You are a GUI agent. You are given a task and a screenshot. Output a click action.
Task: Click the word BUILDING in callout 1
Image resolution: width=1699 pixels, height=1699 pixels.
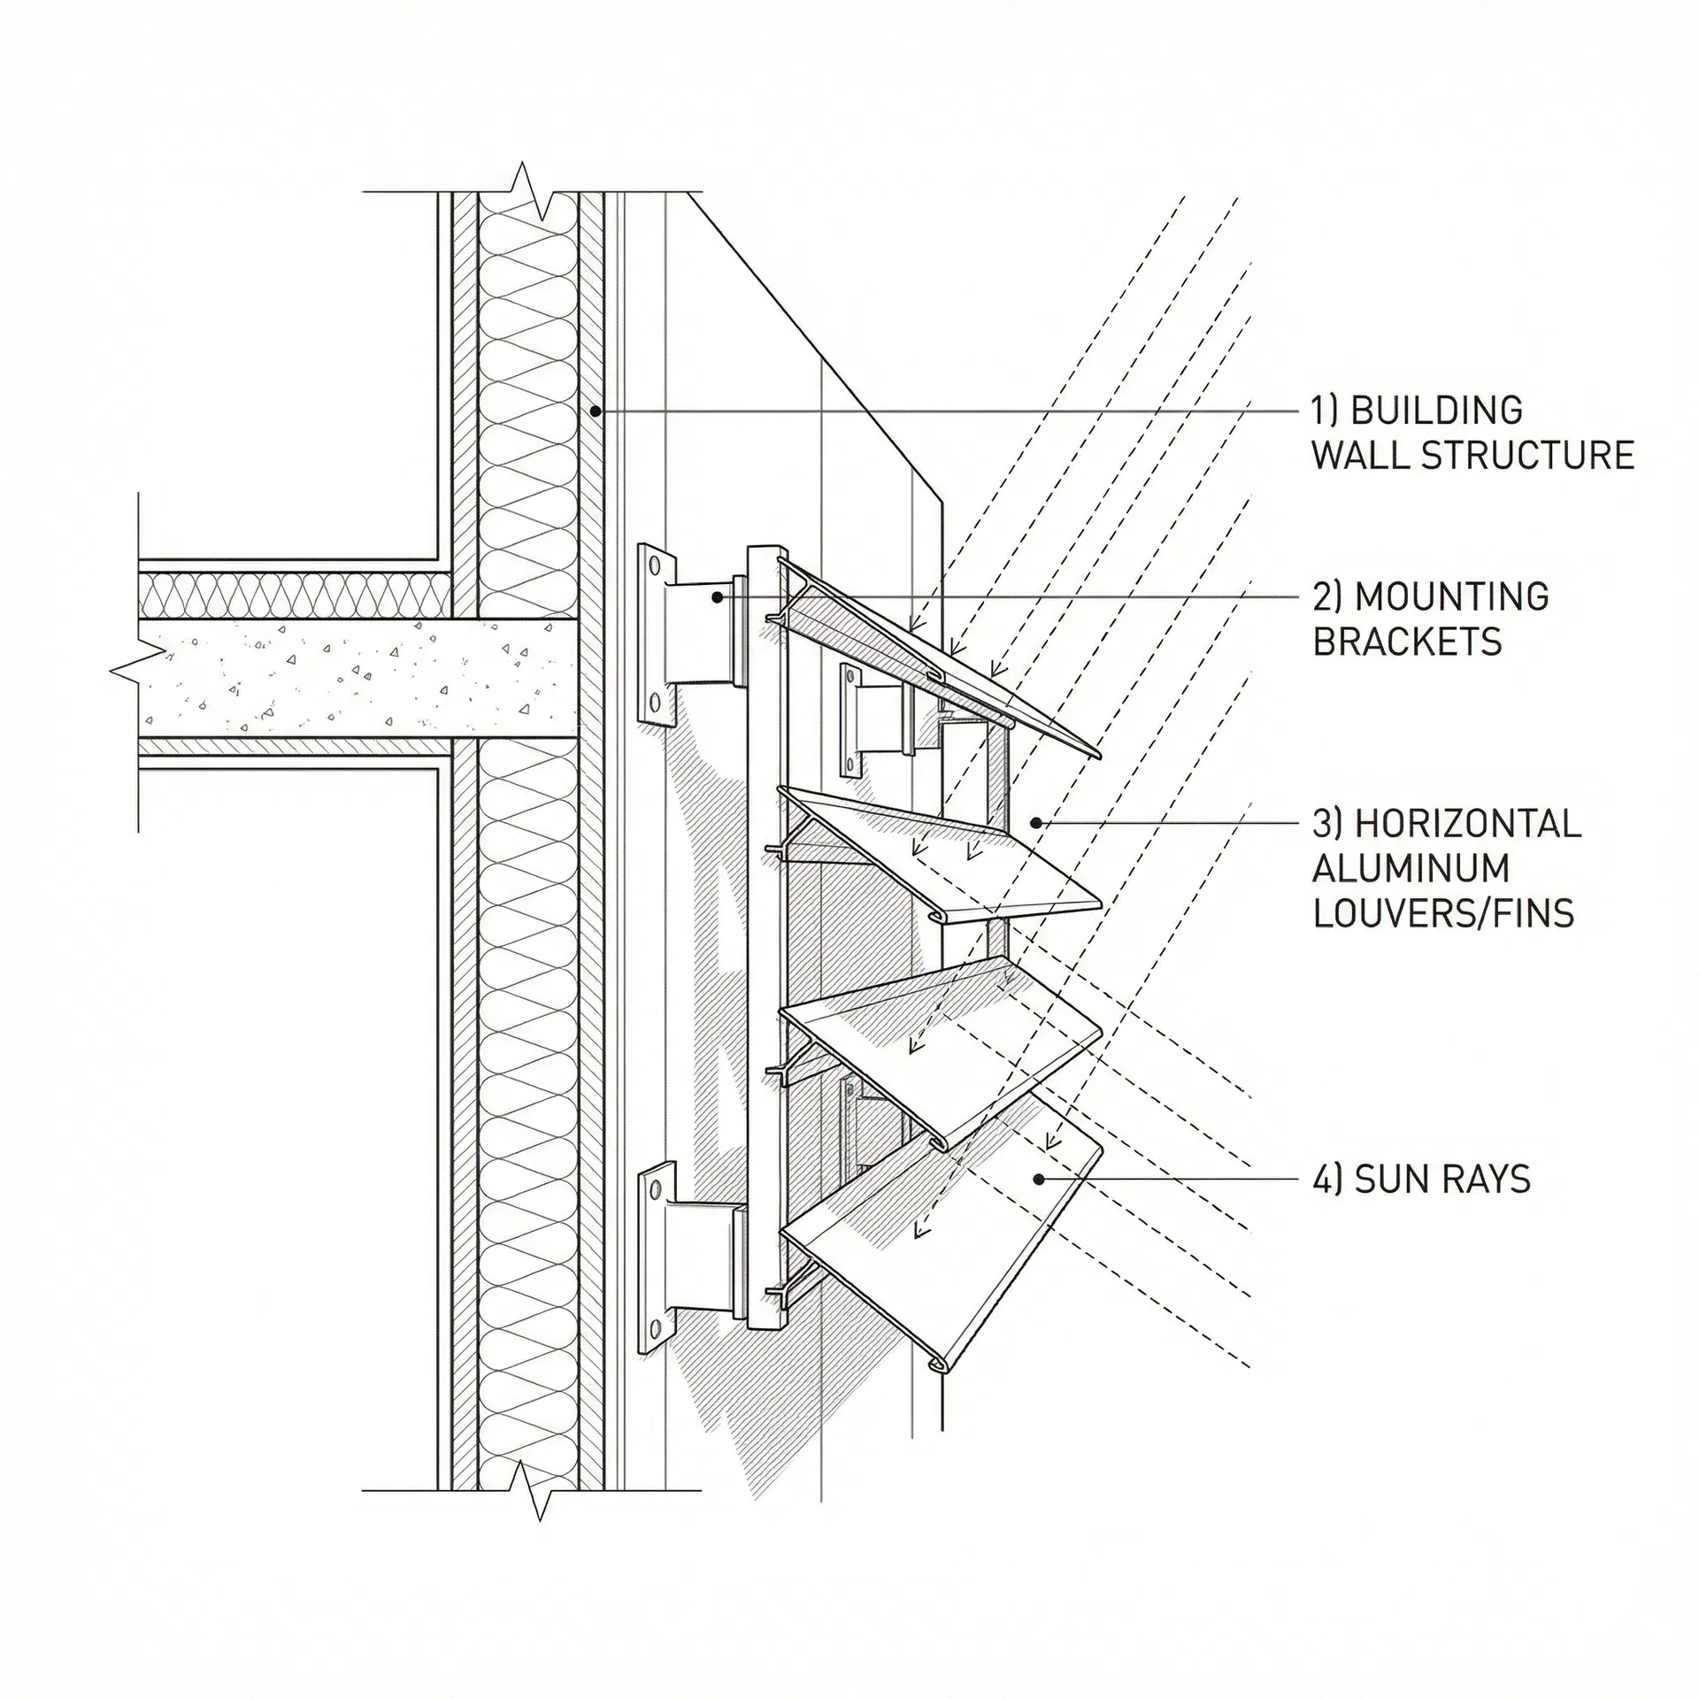coord(1438,411)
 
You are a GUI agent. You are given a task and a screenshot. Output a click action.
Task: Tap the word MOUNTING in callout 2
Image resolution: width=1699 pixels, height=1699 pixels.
coord(1452,597)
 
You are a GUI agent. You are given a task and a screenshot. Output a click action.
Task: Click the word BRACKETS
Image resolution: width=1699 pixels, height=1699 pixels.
coord(1407,642)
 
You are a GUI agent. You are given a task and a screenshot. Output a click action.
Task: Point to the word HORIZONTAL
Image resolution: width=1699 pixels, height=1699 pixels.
coord(1468,824)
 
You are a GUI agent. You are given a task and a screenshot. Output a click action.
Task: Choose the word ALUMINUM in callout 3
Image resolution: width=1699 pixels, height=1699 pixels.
coord(1411,868)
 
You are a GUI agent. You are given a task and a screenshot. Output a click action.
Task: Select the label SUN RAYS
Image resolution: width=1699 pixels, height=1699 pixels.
coord(1442,1180)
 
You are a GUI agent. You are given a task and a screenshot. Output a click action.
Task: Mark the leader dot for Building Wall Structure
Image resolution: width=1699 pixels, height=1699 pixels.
coord(596,411)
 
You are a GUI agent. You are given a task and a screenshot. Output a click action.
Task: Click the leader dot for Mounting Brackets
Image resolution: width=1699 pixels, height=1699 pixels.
coord(718,597)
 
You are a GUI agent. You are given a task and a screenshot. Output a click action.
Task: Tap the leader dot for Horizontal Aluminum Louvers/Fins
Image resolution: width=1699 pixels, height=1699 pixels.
coord(1036,824)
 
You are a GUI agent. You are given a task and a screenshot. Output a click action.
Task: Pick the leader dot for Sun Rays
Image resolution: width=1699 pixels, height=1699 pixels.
coord(1039,1180)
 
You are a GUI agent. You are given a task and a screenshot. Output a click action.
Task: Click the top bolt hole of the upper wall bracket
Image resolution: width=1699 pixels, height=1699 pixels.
coord(655,564)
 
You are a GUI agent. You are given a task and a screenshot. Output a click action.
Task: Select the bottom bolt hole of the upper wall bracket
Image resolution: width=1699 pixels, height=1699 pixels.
coord(655,704)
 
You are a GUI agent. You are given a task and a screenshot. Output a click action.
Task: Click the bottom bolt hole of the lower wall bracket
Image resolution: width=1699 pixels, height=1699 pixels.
coord(656,1329)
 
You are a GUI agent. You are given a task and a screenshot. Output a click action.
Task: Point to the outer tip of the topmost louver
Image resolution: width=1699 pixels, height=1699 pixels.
coord(1098,757)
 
